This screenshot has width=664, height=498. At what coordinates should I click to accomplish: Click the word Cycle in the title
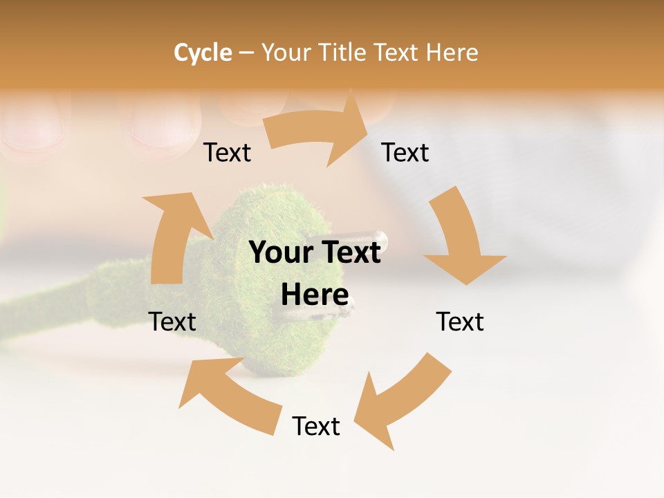tap(203, 53)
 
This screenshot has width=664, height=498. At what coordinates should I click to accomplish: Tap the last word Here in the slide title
tap(452, 53)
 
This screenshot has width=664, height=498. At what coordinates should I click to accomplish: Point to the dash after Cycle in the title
tap(246, 53)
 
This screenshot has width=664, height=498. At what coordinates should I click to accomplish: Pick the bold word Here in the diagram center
tap(315, 295)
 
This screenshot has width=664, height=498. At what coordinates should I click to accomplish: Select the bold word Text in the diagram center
tap(349, 252)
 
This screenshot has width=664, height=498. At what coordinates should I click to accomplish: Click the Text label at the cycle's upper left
tap(227, 152)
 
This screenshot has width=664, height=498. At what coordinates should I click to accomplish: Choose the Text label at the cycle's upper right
tap(405, 152)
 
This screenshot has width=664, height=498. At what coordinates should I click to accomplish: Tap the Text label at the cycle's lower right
tap(460, 322)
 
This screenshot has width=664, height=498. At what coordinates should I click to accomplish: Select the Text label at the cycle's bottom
tap(316, 426)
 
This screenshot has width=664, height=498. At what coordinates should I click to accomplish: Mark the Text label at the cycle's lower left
tap(172, 322)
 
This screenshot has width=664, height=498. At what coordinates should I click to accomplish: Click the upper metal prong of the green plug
tap(377, 239)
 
